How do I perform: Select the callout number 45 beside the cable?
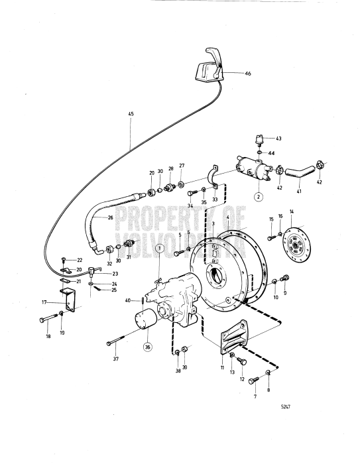coord(131,115)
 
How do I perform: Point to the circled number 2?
coord(259,197)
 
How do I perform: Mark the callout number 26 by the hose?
coord(110,217)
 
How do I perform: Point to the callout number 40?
coord(128,300)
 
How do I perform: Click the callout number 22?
coord(79,260)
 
